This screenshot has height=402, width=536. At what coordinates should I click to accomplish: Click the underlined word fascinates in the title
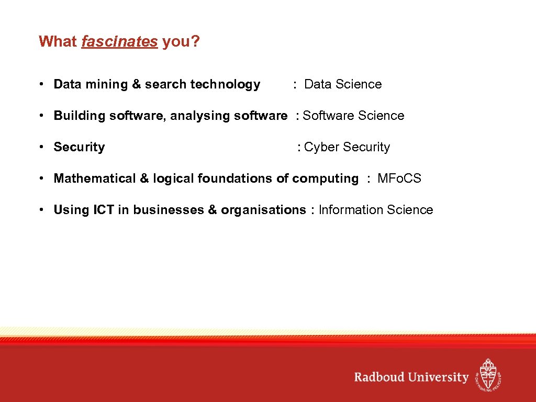click(119, 41)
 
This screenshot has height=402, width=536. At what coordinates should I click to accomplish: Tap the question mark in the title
click(196, 41)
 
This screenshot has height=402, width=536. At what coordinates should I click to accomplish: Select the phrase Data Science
click(343, 84)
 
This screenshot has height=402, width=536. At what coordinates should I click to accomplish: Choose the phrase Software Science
click(353, 116)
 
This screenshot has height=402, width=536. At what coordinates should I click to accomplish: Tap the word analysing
click(201, 116)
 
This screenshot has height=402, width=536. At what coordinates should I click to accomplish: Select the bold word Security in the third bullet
click(79, 147)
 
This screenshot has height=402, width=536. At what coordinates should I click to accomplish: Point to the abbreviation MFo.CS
click(399, 178)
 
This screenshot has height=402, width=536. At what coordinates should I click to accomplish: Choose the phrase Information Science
click(376, 210)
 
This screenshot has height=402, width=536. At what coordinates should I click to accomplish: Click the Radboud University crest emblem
click(488, 374)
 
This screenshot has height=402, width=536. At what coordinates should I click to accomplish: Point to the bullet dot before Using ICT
click(40, 210)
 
